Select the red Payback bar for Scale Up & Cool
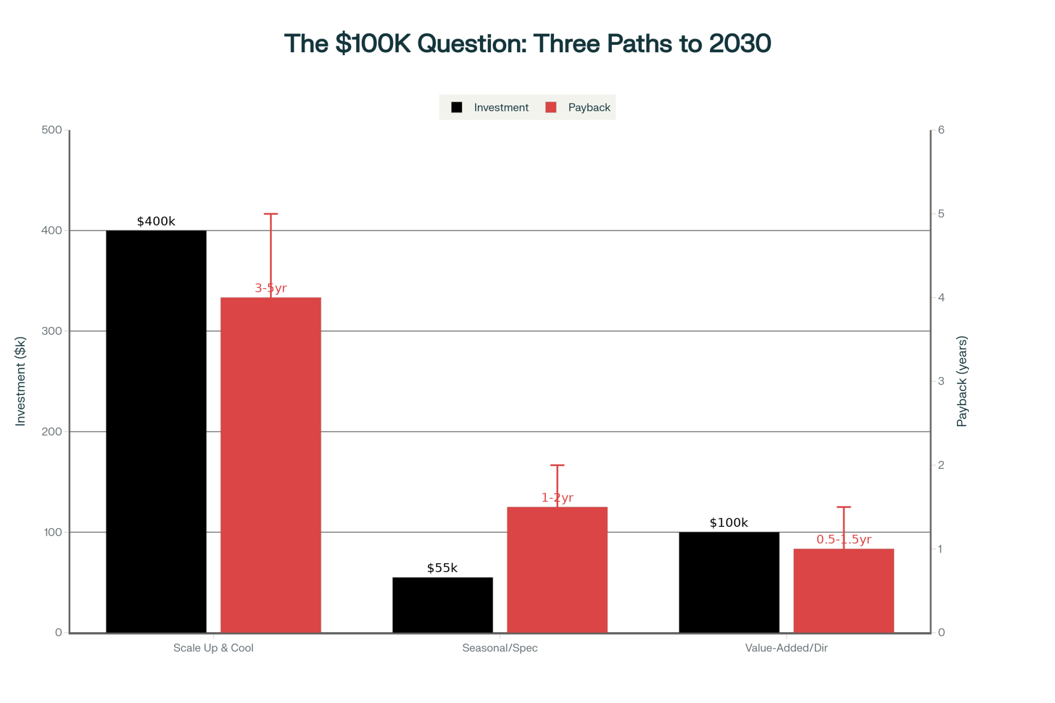click(271, 465)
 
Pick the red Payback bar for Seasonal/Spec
click(557, 570)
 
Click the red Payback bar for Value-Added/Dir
click(843, 590)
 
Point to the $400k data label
click(156, 222)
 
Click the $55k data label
click(442, 568)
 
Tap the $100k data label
click(728, 523)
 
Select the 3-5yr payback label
click(271, 288)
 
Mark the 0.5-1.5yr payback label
click(843, 540)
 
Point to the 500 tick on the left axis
click(52, 130)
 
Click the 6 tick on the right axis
click(941, 130)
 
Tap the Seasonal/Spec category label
click(500, 648)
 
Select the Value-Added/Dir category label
click(786, 648)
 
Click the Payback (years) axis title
click(962, 381)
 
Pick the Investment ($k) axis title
click(21, 381)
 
